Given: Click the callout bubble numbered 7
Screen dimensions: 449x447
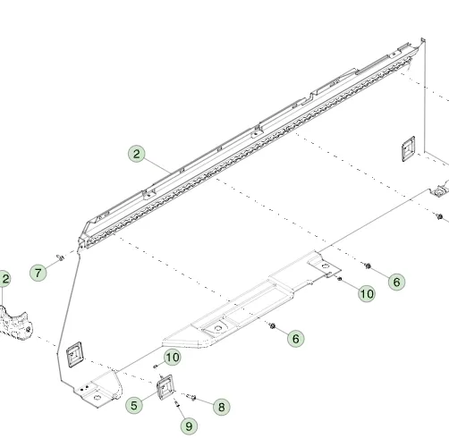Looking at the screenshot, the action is [38, 273].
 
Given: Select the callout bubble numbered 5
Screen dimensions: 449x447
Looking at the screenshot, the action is [134, 405].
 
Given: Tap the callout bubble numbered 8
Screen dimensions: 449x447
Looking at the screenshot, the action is [222, 407].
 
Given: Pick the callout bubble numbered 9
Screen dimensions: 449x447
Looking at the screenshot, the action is [189, 426].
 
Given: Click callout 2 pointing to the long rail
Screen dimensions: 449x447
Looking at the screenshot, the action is [137, 154].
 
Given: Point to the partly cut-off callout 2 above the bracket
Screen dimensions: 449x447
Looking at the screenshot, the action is [4, 279].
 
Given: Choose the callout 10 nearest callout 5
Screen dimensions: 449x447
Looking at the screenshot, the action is [173, 358].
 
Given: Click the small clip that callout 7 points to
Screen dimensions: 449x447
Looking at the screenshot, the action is [60, 257].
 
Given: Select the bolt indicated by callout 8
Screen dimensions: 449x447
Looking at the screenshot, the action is [191, 397].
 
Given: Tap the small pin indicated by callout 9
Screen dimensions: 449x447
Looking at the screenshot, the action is [176, 403].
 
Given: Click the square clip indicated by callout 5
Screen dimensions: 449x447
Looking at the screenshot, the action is [165, 387].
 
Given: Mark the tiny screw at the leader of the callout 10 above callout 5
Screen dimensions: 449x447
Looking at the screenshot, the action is [155, 367].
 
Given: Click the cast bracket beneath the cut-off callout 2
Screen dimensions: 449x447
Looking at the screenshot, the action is [15, 324].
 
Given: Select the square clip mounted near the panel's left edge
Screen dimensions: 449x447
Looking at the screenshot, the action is [74, 355].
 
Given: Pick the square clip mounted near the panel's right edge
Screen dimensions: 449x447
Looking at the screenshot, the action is [409, 148].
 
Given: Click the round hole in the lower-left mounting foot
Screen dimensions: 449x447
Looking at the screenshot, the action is [97, 397].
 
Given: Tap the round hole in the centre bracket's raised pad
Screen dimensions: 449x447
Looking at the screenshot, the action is [218, 328].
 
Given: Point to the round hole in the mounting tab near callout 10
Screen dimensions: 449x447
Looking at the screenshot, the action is [326, 266].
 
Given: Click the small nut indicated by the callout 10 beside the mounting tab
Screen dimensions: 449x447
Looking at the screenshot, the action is [339, 279].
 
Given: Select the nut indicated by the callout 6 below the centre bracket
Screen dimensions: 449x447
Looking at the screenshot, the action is [272, 325].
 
